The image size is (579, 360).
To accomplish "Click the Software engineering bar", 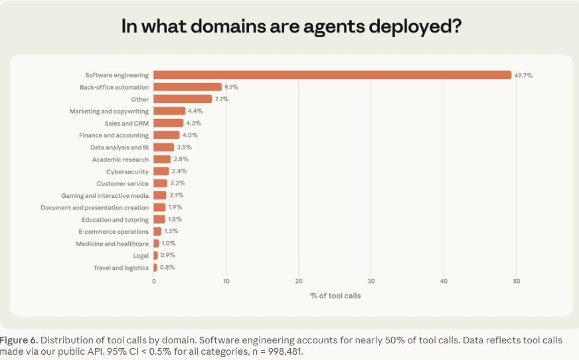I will (x=332, y=75).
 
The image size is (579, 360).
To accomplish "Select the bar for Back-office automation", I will (x=187, y=87).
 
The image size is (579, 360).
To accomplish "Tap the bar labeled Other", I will (x=183, y=99).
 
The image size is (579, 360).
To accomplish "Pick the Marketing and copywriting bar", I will (x=169, y=111).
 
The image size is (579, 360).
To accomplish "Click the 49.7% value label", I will (x=523, y=75).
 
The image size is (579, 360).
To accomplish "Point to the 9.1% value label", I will (x=231, y=87).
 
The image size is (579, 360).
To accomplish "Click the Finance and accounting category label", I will (x=114, y=135).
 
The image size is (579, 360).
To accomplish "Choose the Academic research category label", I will (x=120, y=159).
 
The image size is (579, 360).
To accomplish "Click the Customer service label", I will (x=122, y=183).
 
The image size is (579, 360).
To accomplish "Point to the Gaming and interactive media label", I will (x=105, y=195).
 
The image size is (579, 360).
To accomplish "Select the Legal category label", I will (x=141, y=256).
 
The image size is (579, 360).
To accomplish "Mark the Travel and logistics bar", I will (x=155, y=268).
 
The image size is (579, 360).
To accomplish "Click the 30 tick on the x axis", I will (x=371, y=281).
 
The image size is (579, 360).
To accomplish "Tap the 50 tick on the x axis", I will (x=517, y=281).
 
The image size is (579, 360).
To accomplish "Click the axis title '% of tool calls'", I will (x=335, y=296).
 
